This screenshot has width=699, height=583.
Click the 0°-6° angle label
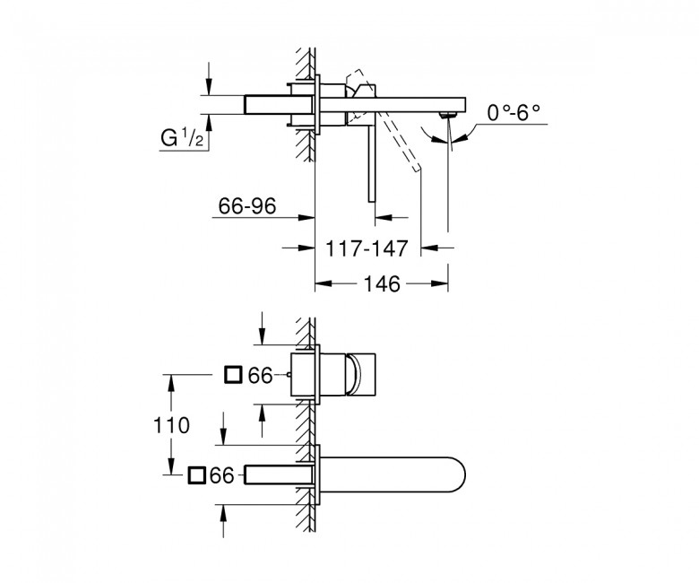click(x=513, y=112)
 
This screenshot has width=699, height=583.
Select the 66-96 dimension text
click(x=247, y=205)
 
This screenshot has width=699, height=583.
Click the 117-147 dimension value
click(x=367, y=248)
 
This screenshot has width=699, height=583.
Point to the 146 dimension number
click(x=383, y=283)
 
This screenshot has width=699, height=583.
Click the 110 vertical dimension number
click(x=172, y=425)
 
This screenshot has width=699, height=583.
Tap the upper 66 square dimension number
click(x=261, y=376)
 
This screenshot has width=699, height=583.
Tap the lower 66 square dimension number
click(x=222, y=475)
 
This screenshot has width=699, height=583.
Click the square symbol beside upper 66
click(x=233, y=375)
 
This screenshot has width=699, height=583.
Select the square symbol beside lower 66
click(x=196, y=475)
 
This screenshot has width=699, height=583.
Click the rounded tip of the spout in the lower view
click(x=464, y=474)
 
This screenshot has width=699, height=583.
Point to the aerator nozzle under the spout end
click(x=448, y=115)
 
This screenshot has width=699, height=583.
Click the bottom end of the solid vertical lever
click(x=372, y=201)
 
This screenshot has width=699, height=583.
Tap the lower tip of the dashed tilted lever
click(x=418, y=169)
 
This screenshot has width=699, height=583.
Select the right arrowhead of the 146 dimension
click(x=439, y=283)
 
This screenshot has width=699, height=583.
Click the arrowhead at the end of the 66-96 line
click(x=306, y=217)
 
